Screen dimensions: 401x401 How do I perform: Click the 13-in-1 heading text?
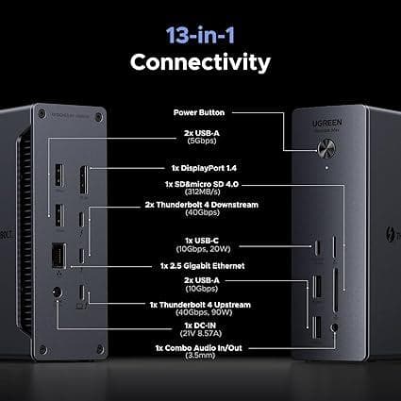tap(200, 35)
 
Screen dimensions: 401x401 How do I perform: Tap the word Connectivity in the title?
tap(200, 62)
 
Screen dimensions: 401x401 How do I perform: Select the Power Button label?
tap(199, 112)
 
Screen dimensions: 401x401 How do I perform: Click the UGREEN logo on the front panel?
tap(327, 123)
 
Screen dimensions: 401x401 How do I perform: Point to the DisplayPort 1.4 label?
tap(204, 168)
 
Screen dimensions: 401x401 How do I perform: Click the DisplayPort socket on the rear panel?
tap(84, 180)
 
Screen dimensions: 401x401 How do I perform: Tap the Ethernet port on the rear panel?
tap(58, 256)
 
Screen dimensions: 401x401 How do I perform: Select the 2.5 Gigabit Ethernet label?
tap(202, 266)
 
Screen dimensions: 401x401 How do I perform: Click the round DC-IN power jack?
tap(57, 293)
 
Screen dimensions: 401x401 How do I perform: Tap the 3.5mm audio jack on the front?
tap(335, 327)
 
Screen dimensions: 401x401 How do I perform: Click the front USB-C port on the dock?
tap(318, 247)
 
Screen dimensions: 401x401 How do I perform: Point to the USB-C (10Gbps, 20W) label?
tap(202, 245)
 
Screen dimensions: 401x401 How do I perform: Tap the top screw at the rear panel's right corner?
tap(99, 117)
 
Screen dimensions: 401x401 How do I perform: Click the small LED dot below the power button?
tap(327, 168)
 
